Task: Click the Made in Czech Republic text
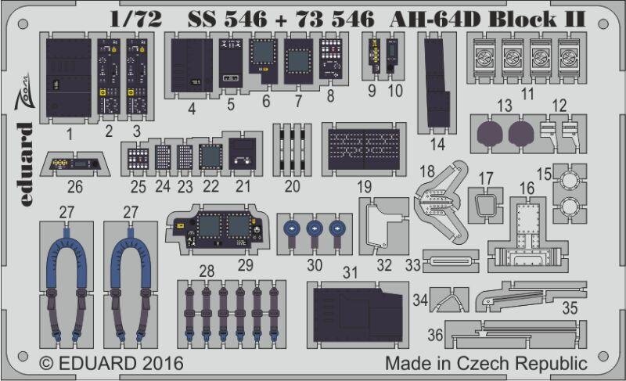coord(486,364)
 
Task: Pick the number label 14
coord(437,143)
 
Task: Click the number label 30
coord(315,264)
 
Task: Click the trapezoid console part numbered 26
coord(72,164)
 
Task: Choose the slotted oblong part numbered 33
coord(450,262)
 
